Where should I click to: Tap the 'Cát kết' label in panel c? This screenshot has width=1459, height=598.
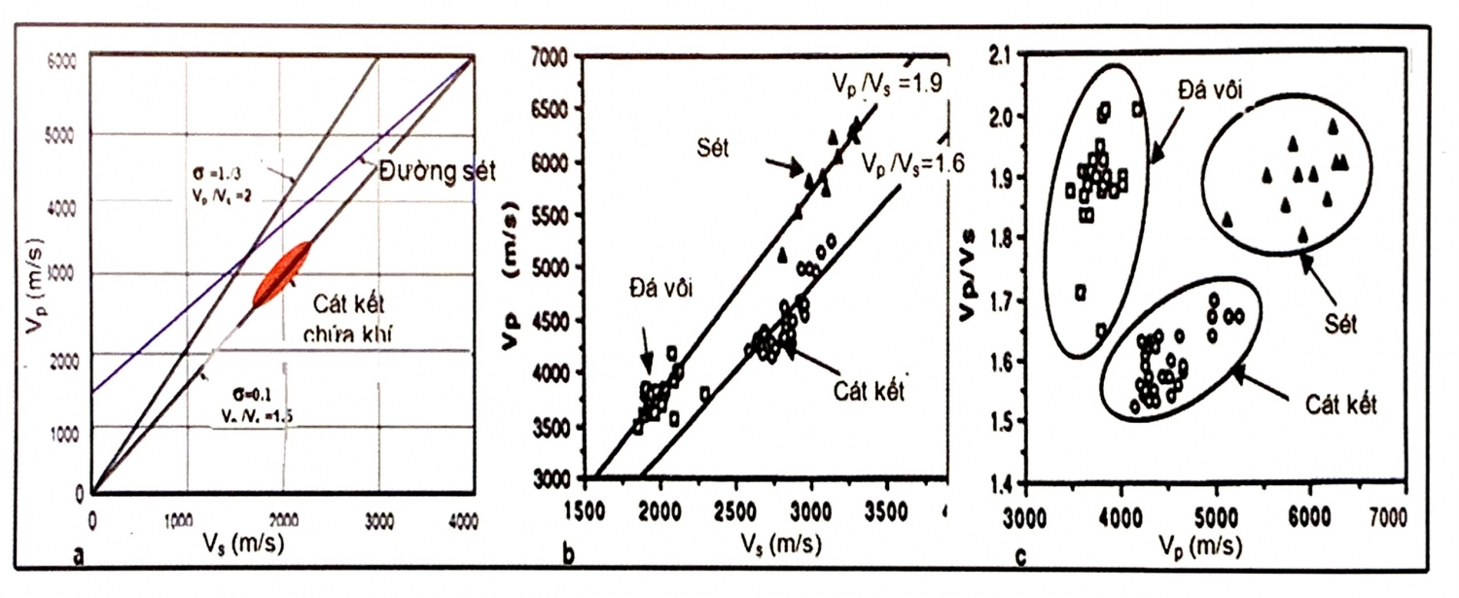[x=1339, y=405]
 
